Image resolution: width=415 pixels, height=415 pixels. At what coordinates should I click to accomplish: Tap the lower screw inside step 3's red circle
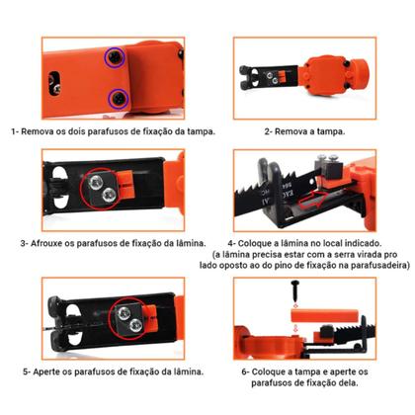[107, 198]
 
